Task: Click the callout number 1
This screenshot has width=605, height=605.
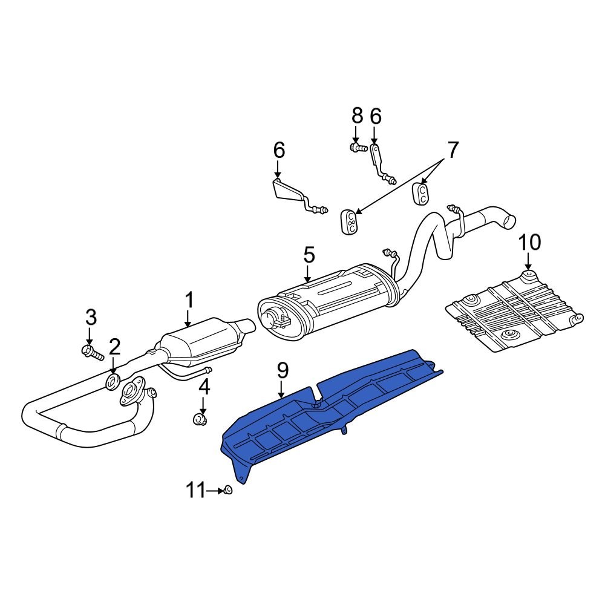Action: (x=189, y=300)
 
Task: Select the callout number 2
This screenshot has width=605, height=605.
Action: (x=114, y=347)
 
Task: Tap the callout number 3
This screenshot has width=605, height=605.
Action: (x=90, y=316)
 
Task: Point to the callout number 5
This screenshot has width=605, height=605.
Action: (x=309, y=255)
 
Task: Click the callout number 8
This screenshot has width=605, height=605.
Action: (x=357, y=115)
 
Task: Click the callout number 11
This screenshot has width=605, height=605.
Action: (x=195, y=491)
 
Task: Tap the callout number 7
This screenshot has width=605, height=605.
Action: (x=453, y=149)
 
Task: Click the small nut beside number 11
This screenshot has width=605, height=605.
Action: (x=228, y=490)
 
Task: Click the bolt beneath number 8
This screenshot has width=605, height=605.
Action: (x=358, y=147)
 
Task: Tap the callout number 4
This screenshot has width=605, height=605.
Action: (x=204, y=385)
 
